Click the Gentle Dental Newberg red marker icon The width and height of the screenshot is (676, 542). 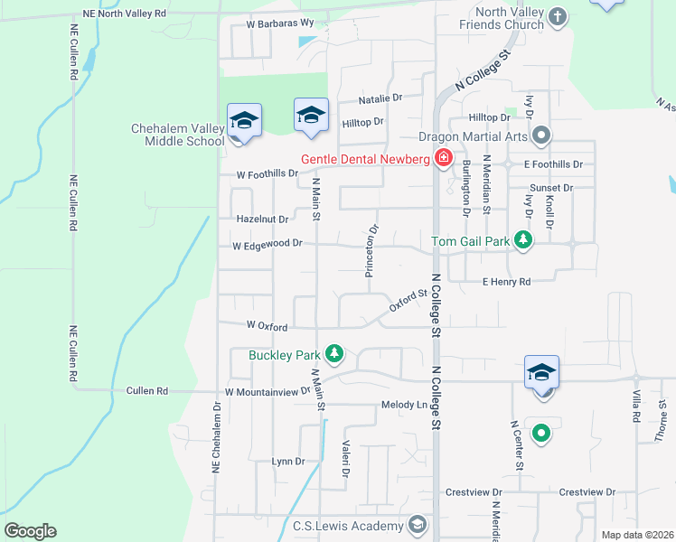(x=443, y=159)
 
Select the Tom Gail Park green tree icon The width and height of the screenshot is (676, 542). (x=522, y=239)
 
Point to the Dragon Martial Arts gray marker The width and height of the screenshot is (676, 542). (x=541, y=137)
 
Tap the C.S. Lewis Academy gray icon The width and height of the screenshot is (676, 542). (x=417, y=526)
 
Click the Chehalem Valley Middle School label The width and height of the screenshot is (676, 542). (x=178, y=135)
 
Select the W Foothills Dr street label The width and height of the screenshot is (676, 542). (x=267, y=173)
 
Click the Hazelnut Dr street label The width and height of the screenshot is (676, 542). (x=261, y=219)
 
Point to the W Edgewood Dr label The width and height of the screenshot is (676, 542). (x=267, y=244)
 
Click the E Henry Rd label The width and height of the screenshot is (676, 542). (x=505, y=282)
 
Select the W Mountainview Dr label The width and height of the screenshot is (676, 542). (x=268, y=392)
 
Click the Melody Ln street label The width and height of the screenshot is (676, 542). (x=404, y=405)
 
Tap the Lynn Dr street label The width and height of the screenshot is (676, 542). (x=288, y=462)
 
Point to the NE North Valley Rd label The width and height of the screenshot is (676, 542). (x=124, y=14)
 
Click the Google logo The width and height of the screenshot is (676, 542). (x=30, y=531)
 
